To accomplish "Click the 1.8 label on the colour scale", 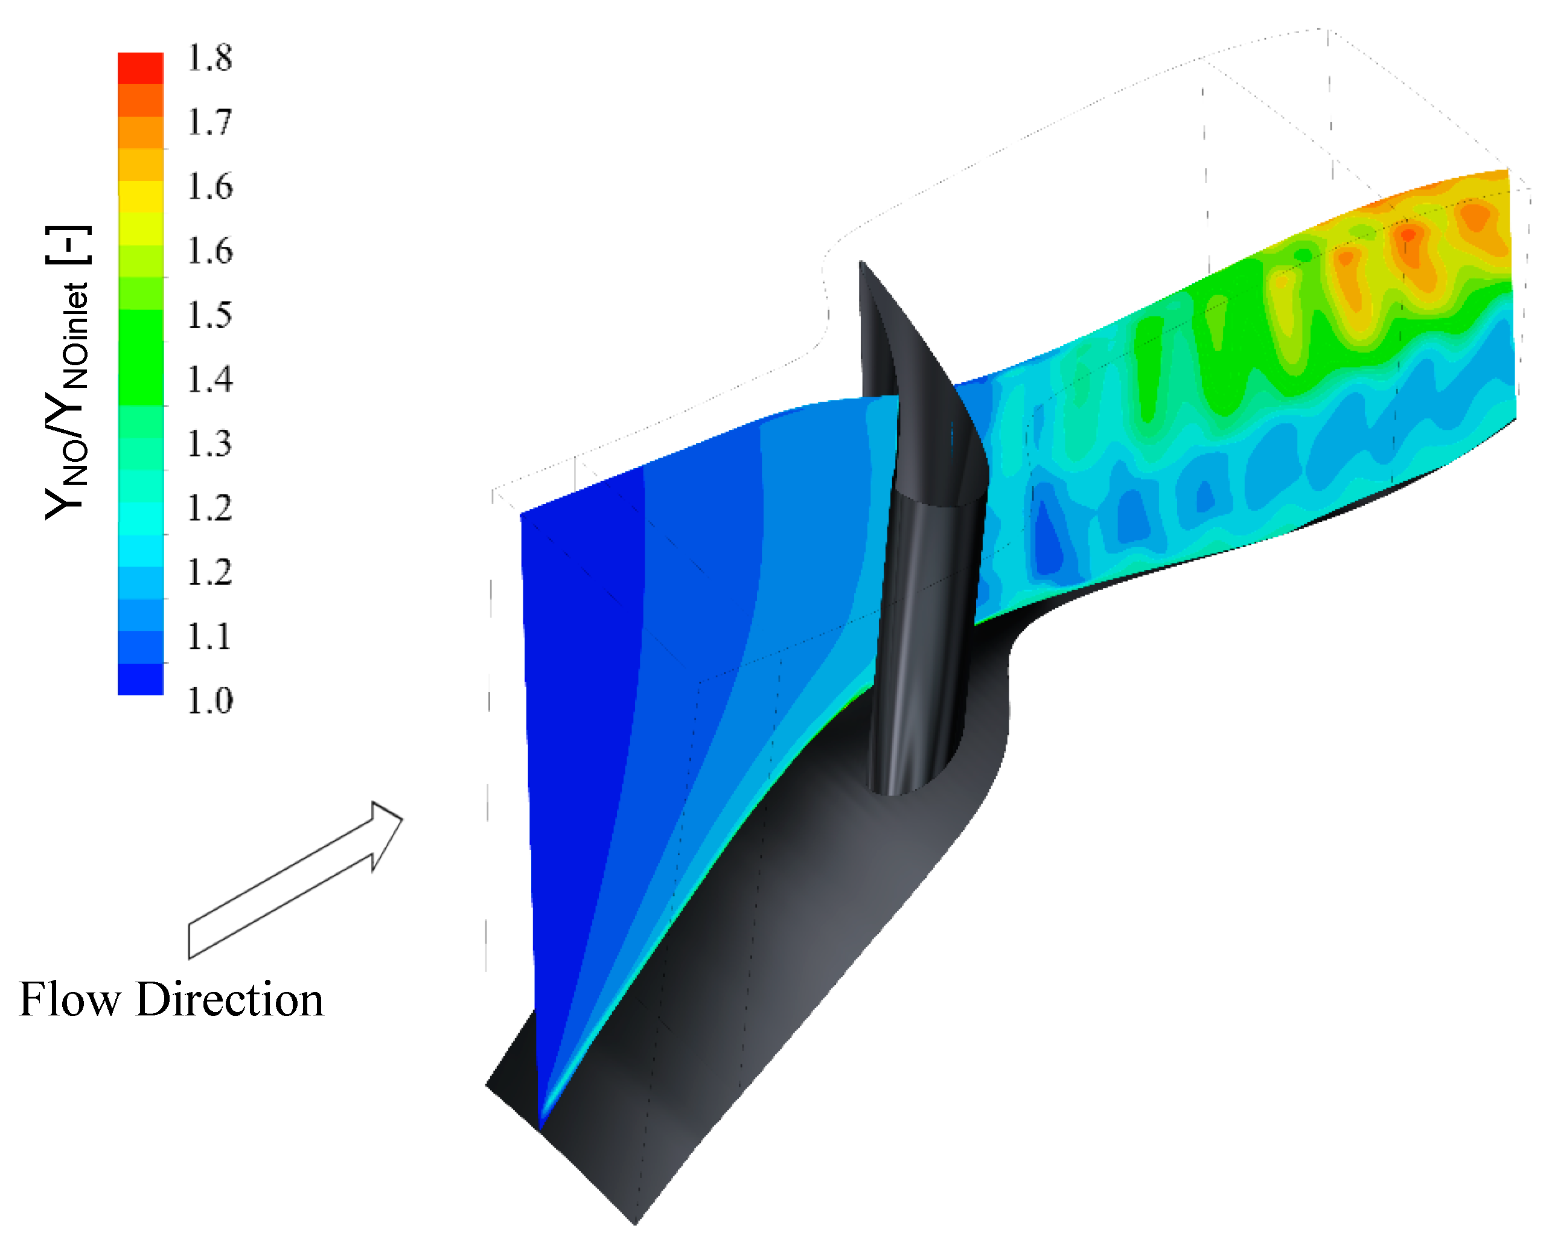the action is [210, 58].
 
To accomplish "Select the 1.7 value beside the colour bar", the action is [210, 122].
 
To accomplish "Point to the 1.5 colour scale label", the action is [210, 315].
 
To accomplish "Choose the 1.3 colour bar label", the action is [210, 444].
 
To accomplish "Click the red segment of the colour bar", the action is [141, 69].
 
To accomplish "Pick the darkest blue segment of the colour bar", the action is [141, 679].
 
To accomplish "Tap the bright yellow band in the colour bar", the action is [141, 197].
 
